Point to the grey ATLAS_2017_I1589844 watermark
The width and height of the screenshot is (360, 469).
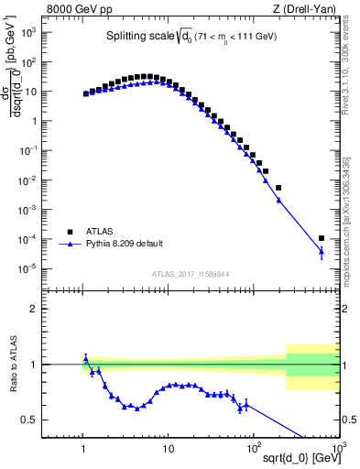(x=191, y=273)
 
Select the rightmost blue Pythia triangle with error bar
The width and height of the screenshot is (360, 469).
(x=322, y=252)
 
